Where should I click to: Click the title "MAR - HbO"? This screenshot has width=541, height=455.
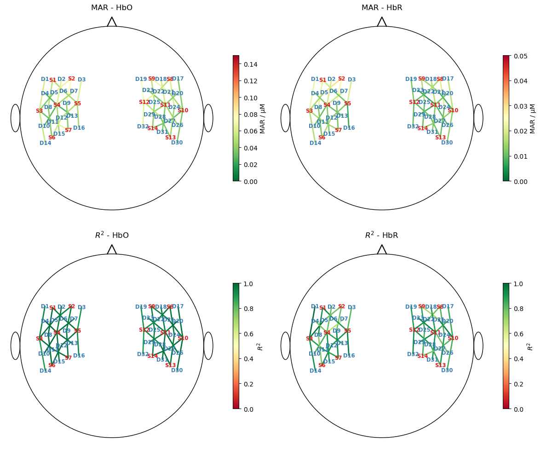pos(112,8)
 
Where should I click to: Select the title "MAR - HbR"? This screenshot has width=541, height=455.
pos(382,8)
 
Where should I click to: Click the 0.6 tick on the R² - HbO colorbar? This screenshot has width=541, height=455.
pos(247,334)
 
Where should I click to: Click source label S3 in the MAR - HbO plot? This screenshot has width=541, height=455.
pos(39,111)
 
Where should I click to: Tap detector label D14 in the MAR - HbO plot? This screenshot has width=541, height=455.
pos(46,143)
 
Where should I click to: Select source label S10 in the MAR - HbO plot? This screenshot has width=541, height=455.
pos(183,110)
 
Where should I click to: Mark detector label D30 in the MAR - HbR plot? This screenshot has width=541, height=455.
pos(447,143)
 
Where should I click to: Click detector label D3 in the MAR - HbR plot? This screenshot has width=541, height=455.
pos(352,80)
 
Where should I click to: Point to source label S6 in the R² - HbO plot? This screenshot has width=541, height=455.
pos(52,365)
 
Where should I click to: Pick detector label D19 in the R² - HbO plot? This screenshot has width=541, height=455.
pos(141,307)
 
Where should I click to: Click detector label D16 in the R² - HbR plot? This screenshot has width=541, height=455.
pos(349,356)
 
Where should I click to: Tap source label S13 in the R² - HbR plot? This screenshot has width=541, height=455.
pos(440,365)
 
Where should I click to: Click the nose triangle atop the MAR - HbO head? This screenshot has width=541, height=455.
pos(112,22)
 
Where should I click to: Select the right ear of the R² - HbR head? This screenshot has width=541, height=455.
pos(478,346)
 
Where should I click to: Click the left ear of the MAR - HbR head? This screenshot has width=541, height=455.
pos(286,118)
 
